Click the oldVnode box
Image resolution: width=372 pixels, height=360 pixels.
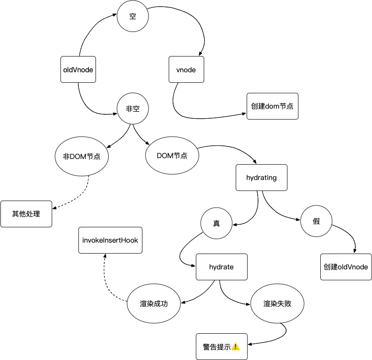[78, 70]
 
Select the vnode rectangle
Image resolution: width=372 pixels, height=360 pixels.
[186, 70]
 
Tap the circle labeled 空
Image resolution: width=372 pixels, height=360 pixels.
[133, 16]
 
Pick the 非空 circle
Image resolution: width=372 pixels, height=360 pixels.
[133, 108]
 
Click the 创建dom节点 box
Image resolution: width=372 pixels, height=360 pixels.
[273, 106]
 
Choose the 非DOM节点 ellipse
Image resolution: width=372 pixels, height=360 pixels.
[81, 156]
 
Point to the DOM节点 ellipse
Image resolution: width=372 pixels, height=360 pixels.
[172, 155]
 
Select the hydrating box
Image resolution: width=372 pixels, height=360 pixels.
[262, 178]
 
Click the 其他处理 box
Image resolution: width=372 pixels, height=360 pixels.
[26, 214]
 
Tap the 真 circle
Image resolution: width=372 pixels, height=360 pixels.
[216, 223]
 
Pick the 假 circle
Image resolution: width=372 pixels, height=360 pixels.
[316, 221]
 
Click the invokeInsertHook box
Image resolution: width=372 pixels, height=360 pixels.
[110, 240]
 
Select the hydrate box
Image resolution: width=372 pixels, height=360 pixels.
[222, 267]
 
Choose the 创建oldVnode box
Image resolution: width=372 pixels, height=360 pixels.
[346, 267]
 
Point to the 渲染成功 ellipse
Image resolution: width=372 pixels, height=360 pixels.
[154, 304]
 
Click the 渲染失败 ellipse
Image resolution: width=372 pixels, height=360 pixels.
[277, 304]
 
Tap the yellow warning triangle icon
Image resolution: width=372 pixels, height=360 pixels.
[235, 347]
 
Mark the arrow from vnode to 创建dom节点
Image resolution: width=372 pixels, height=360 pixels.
[190, 117]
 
